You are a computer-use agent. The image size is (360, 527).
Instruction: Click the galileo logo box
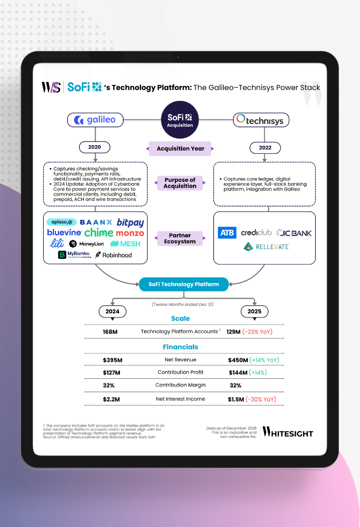(x=95, y=120)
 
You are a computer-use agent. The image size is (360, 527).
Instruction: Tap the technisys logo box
(x=261, y=120)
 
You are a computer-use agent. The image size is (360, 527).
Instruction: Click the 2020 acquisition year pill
(x=95, y=147)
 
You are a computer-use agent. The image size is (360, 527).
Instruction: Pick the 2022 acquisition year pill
(x=265, y=147)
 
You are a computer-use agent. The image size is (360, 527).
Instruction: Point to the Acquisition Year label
(x=180, y=148)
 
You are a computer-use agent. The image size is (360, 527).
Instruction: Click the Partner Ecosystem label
(x=180, y=238)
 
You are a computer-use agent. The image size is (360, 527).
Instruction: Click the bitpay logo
(x=130, y=222)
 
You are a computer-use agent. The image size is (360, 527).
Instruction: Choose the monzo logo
(x=130, y=233)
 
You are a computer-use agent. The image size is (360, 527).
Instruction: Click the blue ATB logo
(x=227, y=233)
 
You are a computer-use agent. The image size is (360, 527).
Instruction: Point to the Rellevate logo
(x=266, y=247)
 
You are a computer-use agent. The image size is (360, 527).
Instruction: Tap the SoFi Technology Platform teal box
(x=184, y=284)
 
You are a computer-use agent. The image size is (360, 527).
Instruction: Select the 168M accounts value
(x=111, y=332)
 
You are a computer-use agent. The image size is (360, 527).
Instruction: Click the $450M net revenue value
(x=238, y=360)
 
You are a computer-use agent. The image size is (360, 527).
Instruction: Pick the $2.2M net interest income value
(x=112, y=399)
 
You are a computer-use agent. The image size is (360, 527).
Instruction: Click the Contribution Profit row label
(x=180, y=372)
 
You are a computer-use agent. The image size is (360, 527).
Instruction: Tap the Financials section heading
(x=180, y=347)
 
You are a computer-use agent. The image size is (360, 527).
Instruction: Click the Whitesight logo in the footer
(x=288, y=432)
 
